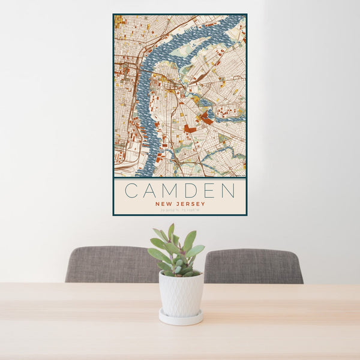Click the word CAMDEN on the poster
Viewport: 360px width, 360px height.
click(179, 191)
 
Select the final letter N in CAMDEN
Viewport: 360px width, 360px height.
click(228, 191)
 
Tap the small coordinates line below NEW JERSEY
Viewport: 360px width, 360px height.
click(179, 211)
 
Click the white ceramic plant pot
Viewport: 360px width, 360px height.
click(181, 294)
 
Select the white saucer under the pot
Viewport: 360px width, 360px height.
click(181, 317)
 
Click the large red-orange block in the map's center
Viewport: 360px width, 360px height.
click(190, 128)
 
